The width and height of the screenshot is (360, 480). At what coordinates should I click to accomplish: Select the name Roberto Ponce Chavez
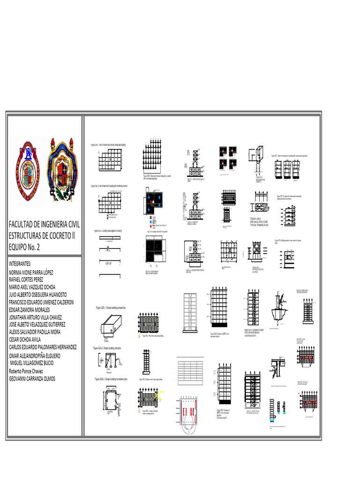pyautogui.click(x=29, y=370)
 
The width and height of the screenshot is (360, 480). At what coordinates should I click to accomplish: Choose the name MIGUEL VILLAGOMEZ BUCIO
pyautogui.click(x=37, y=363)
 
